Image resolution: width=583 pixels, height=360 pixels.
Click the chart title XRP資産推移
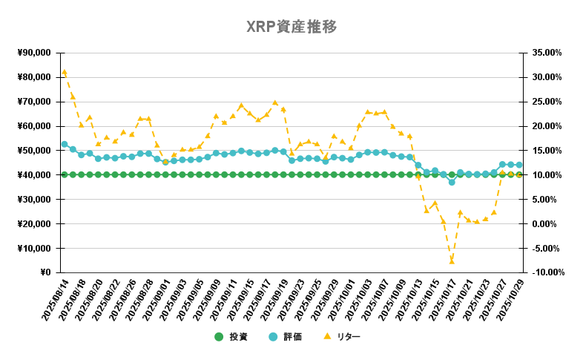pyautogui.click(x=291, y=27)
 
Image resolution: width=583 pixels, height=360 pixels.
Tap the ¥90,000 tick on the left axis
pyautogui.click(x=33, y=53)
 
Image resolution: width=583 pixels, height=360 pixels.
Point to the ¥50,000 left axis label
pyautogui.click(x=33, y=151)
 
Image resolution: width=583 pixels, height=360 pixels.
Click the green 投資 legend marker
pyautogui.click(x=219, y=337)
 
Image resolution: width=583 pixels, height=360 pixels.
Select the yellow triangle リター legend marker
pyautogui.click(x=327, y=337)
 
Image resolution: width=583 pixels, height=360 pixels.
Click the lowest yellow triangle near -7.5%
pyautogui.click(x=451, y=261)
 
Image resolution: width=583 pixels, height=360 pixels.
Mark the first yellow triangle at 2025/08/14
pyautogui.click(x=65, y=72)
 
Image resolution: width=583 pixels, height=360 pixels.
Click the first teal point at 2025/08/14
pyautogui.click(x=65, y=144)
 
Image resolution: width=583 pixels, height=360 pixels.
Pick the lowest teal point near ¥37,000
pyautogui.click(x=452, y=182)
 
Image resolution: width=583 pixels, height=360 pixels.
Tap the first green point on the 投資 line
pyautogui.click(x=65, y=174)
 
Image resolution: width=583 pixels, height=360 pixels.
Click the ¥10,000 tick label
pyautogui.click(x=33, y=248)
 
